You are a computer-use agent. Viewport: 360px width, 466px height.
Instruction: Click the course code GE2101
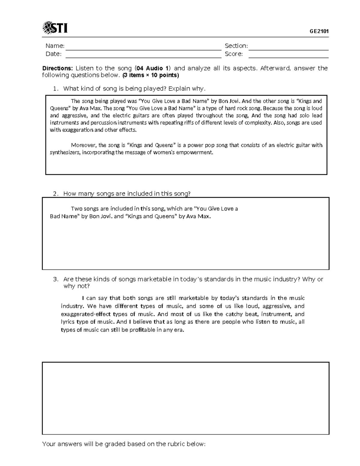(319, 31)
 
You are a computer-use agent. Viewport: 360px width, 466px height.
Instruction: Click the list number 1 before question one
(55, 89)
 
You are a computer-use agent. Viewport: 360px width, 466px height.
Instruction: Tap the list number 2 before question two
(55, 194)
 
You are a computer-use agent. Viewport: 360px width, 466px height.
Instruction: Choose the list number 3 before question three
(55, 279)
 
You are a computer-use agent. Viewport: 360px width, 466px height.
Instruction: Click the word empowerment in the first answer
(198, 152)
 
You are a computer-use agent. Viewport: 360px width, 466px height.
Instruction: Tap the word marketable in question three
(154, 279)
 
